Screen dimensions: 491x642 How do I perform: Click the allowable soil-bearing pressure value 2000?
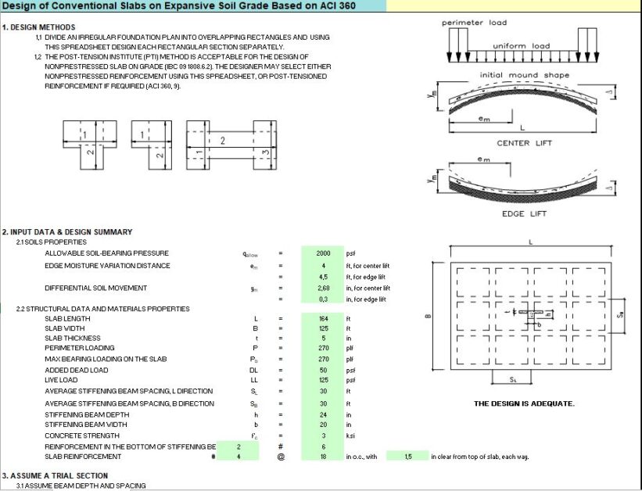coord(323,253)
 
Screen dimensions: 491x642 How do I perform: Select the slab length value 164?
coord(323,319)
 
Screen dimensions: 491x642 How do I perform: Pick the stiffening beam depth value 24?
coord(323,414)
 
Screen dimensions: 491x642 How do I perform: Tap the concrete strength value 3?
coord(323,435)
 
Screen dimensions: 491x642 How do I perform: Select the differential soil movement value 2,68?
coord(323,288)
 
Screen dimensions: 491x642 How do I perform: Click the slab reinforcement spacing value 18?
coord(323,457)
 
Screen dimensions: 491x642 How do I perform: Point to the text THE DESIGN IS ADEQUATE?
coord(524,403)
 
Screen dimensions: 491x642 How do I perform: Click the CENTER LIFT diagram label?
coord(523,143)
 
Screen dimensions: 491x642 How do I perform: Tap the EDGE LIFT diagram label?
coord(523,213)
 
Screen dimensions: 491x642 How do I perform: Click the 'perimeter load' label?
coord(474,23)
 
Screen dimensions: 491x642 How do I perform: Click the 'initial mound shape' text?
coord(524,75)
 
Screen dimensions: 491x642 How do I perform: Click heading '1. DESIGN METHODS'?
coord(38,27)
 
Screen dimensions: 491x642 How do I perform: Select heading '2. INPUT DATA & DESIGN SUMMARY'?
coord(67,232)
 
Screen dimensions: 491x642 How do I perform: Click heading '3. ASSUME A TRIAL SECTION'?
coord(55,475)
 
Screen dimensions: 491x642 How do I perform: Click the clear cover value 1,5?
coord(407,457)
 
